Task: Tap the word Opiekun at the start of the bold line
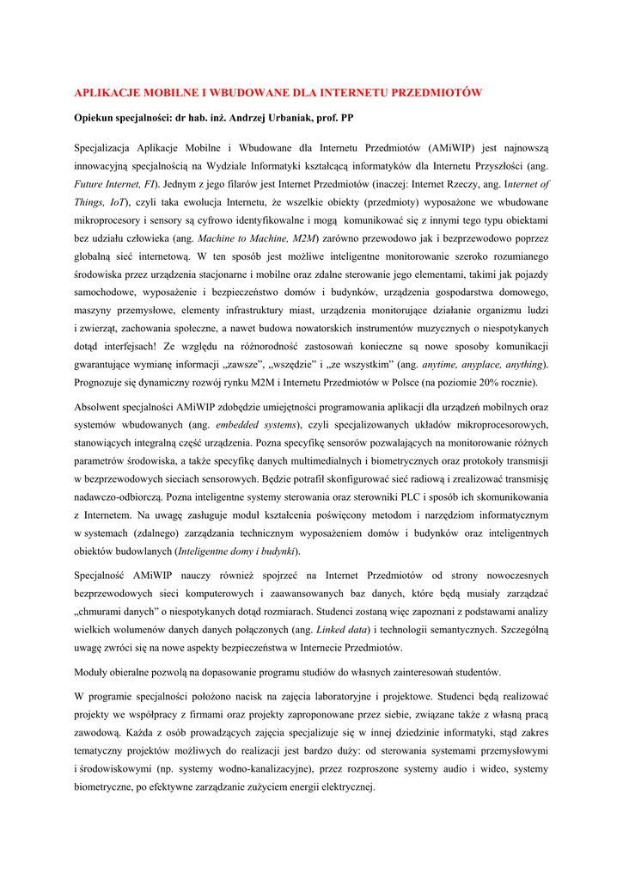point(95,117)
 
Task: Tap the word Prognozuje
point(102,382)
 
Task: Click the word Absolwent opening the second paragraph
point(101,407)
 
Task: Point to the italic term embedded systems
point(255,425)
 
